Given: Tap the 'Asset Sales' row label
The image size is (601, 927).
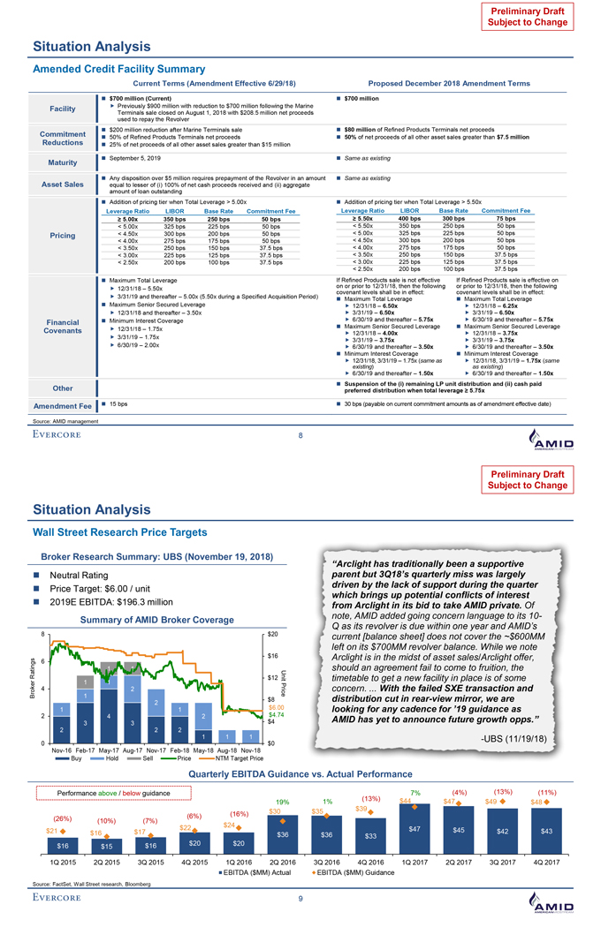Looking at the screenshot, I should click(61, 185).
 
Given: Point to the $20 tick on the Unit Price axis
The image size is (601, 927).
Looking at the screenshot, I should click(275, 634).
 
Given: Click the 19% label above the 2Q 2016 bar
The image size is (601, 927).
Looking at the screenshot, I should click(283, 801).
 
